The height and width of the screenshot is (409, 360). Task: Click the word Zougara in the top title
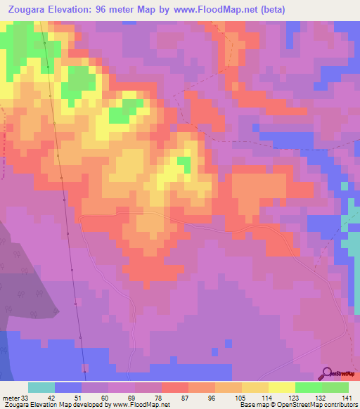[27, 10]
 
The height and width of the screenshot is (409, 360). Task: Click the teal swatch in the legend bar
[41, 388]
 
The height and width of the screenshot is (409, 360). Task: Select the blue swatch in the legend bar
[68, 388]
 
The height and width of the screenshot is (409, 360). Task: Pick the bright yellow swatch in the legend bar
[281, 388]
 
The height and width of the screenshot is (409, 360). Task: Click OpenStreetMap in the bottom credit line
[296, 404]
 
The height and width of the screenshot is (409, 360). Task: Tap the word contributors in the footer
[339, 404]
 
